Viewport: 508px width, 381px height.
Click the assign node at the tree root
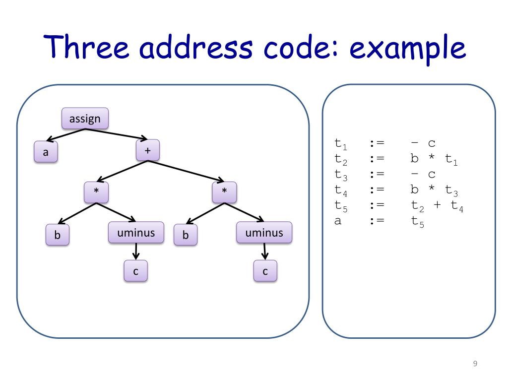click(x=85, y=119)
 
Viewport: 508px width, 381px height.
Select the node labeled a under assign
click(x=46, y=152)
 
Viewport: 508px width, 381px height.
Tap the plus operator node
click(x=147, y=150)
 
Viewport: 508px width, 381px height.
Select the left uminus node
click(x=136, y=233)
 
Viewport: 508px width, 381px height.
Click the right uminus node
click(x=264, y=233)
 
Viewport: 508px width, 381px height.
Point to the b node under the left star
click(x=58, y=236)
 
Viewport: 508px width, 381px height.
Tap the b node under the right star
click(x=186, y=236)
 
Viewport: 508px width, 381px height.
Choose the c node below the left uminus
click(x=135, y=271)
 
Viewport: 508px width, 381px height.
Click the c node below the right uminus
click(x=265, y=271)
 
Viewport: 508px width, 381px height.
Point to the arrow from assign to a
click(x=66, y=134)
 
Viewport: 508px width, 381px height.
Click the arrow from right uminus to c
click(x=265, y=252)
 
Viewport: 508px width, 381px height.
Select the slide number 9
click(x=475, y=364)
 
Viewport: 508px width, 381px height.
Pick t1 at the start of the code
click(x=341, y=144)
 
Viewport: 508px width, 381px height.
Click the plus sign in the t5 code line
click(x=437, y=205)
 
